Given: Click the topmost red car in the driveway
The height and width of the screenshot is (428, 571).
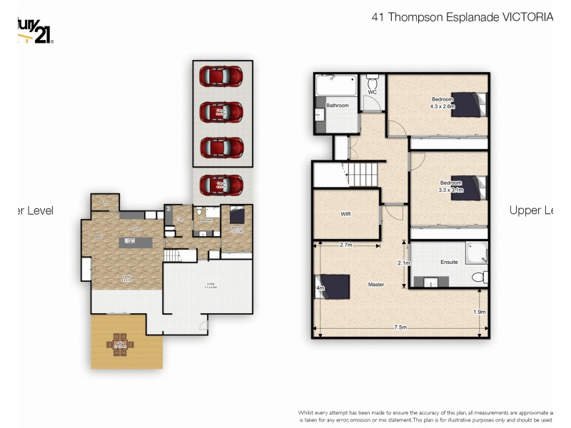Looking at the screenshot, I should click(221, 75).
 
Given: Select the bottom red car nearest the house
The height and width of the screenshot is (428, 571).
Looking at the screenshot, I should click(221, 185).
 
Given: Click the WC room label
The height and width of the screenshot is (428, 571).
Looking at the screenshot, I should click(373, 92).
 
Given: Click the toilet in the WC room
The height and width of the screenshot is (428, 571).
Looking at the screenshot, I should click(373, 79).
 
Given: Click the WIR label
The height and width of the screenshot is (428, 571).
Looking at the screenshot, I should click(345, 213).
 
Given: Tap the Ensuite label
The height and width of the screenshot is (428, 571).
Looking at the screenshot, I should click(449, 263).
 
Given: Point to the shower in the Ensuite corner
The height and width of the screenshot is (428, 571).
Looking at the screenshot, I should click(476, 252).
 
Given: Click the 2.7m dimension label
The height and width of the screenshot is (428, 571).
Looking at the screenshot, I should click(345, 245).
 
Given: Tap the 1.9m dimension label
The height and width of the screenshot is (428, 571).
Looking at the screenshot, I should click(479, 312).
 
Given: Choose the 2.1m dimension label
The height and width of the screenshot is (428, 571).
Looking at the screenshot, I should click(404, 263).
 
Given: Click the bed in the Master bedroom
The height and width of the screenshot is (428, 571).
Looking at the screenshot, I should click(333, 287).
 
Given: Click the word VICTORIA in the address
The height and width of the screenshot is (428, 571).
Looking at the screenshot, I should click(527, 17).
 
